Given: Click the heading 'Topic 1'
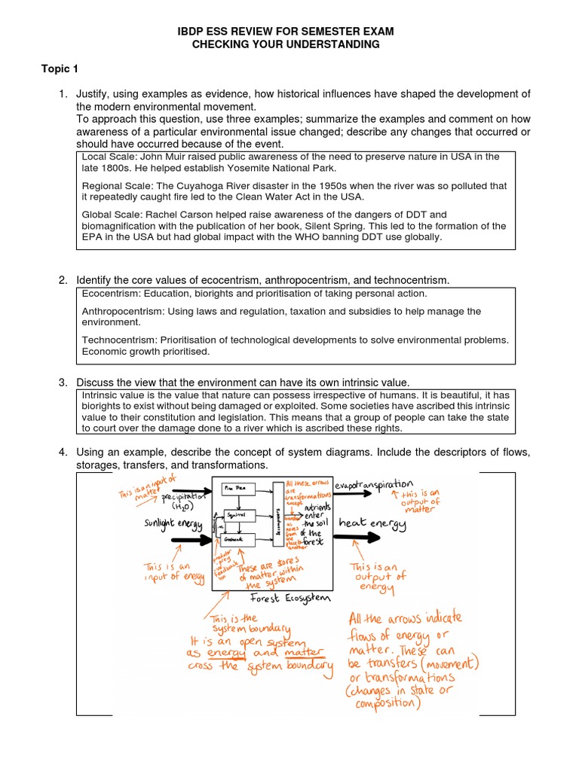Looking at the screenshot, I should [x=60, y=69].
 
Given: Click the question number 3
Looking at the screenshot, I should [x=63, y=383].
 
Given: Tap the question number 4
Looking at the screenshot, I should [x=63, y=452].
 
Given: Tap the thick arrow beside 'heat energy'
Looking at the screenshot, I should [x=356, y=538].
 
